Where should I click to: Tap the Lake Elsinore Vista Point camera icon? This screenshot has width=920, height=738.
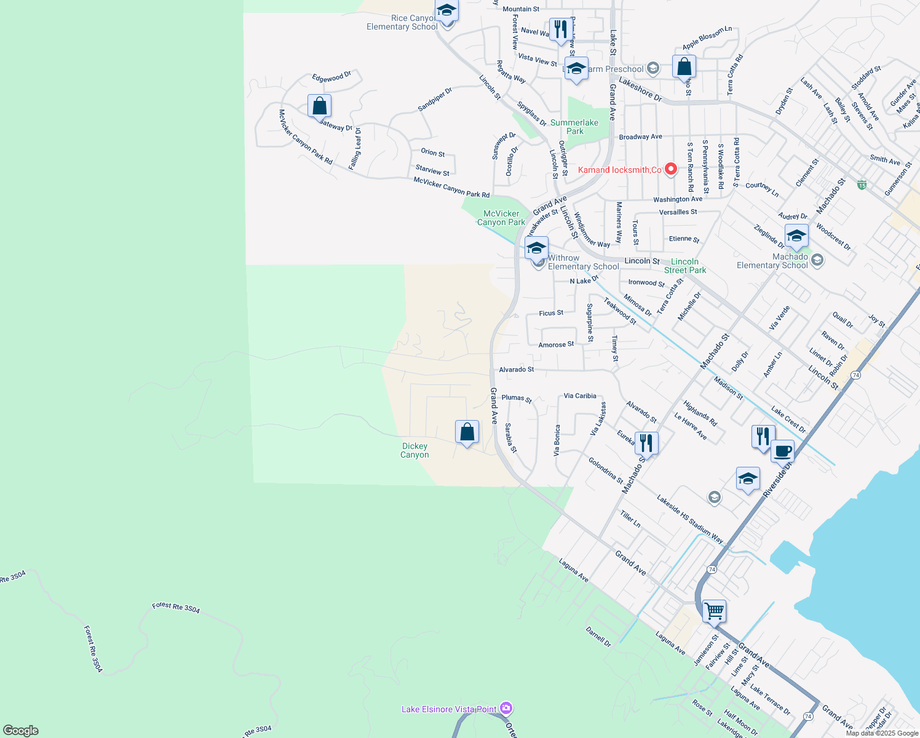click(506, 708)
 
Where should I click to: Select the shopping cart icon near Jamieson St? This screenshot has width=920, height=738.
click(714, 611)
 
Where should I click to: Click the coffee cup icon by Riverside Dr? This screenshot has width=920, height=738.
click(782, 451)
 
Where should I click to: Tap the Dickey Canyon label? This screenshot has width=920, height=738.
click(414, 451)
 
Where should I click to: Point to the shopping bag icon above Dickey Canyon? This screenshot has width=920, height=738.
click(467, 432)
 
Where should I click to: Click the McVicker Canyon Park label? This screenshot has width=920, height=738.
click(501, 218)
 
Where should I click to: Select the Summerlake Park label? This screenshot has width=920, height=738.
click(574, 127)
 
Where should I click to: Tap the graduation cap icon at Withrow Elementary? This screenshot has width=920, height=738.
click(536, 248)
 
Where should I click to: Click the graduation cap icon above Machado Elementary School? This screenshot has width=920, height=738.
click(796, 236)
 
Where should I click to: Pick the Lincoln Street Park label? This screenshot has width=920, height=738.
click(684, 266)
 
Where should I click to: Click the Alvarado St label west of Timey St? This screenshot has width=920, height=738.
click(517, 370)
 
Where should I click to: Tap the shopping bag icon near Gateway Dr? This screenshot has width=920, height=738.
click(319, 106)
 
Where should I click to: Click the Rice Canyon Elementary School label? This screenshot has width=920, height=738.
click(402, 22)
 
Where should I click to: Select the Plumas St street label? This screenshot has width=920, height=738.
click(517, 399)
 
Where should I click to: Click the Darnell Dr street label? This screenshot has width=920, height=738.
click(598, 637)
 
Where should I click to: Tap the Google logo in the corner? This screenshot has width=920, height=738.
click(21, 730)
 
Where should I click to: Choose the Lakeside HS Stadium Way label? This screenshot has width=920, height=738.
click(690, 519)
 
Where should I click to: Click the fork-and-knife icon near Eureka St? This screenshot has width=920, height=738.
click(646, 442)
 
